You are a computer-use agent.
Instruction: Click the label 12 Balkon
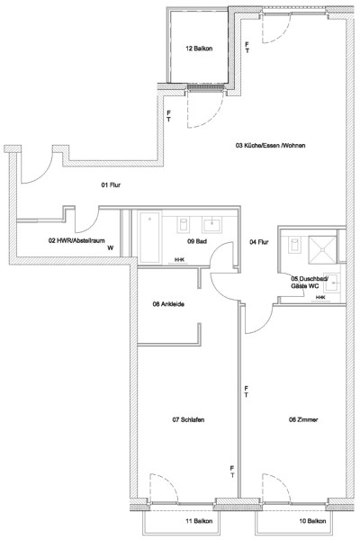(x=199, y=49)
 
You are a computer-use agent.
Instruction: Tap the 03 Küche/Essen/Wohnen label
(x=270, y=145)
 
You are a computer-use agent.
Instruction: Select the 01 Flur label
(x=111, y=184)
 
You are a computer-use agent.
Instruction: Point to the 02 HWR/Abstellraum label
(x=76, y=240)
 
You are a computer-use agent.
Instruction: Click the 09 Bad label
(x=197, y=241)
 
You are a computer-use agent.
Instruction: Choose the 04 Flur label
(x=258, y=242)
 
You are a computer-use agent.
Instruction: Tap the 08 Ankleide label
(x=168, y=304)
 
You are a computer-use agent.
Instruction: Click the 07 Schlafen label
(x=188, y=419)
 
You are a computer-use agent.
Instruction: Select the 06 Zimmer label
(x=303, y=419)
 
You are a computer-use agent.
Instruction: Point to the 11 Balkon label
(x=199, y=521)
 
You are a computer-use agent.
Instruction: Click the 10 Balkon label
(x=312, y=521)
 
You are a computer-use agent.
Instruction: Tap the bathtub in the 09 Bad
(x=150, y=238)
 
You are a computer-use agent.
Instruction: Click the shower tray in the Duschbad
(x=322, y=249)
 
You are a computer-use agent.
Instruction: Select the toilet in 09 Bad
(x=184, y=224)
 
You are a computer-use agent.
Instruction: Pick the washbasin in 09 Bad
(x=212, y=224)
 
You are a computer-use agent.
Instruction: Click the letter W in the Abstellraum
(x=110, y=247)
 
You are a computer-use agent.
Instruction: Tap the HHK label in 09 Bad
(x=179, y=260)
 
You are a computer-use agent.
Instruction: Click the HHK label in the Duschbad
(x=320, y=297)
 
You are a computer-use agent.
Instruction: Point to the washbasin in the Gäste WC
(x=334, y=283)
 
